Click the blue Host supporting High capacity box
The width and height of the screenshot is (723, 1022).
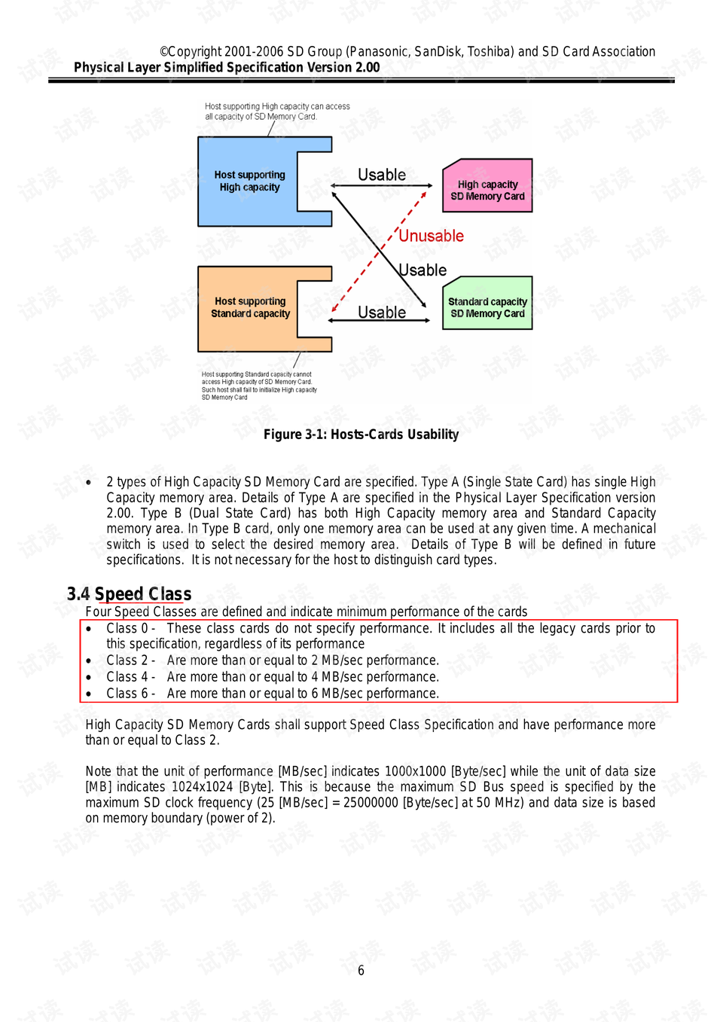[x=249, y=182]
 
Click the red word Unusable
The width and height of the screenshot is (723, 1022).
[x=431, y=236]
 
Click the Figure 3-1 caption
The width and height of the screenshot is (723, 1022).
[x=361, y=435]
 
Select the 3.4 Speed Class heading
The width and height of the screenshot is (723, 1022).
[x=129, y=594]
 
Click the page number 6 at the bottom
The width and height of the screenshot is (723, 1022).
[x=361, y=971]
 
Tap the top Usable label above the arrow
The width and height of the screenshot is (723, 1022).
[x=382, y=175]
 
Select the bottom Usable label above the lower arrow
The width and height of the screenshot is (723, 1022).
[x=382, y=313]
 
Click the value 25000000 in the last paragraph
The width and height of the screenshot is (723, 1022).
[x=371, y=803]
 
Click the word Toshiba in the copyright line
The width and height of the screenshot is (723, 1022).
[x=490, y=52]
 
